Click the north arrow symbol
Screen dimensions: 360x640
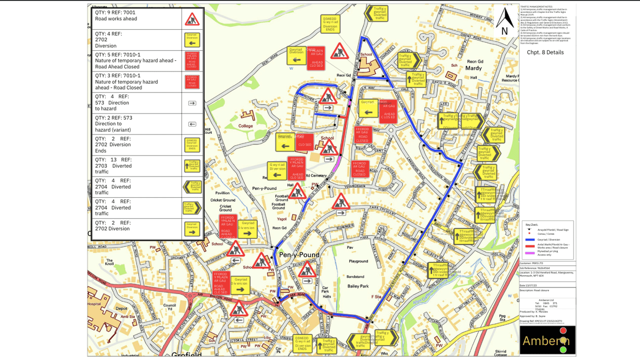[x=505, y=22]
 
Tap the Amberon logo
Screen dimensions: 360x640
[x=547, y=340]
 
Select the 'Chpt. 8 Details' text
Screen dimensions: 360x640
[x=545, y=52]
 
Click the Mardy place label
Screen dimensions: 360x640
[x=474, y=68]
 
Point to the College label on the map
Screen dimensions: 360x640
[x=246, y=126]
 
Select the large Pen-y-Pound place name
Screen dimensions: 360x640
[x=299, y=255]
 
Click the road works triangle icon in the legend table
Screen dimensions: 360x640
[x=192, y=19]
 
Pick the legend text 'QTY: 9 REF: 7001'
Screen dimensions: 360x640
[x=115, y=12]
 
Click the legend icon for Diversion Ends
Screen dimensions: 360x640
[x=192, y=145]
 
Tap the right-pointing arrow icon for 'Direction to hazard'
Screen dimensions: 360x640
[x=192, y=103]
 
